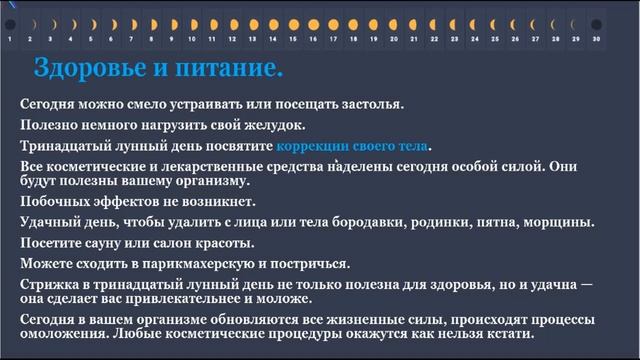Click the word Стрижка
click(x=50, y=285)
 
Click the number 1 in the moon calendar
click(x=10, y=38)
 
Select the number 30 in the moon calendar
click(x=596, y=38)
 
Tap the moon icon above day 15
click(x=293, y=22)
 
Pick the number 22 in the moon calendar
click(x=434, y=38)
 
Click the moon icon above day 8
click(x=151, y=22)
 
